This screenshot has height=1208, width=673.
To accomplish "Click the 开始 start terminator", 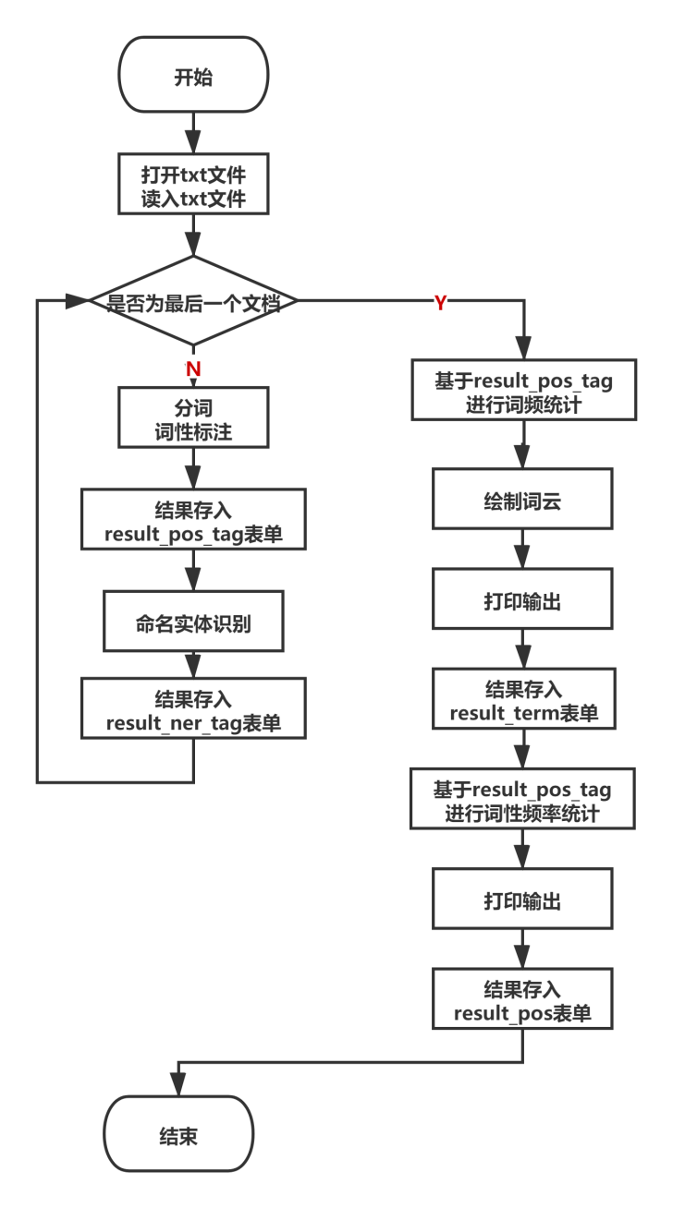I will click(x=193, y=77).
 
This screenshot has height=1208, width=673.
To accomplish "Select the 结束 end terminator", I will click(x=178, y=1135).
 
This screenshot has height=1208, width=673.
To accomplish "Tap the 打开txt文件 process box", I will click(x=193, y=186).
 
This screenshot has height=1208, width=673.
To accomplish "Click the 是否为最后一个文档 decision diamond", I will click(x=193, y=302).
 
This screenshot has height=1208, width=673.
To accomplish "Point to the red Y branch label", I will click(x=441, y=302).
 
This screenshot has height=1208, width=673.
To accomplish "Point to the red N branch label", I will click(x=193, y=368).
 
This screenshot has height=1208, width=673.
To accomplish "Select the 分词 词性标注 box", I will click(x=193, y=418).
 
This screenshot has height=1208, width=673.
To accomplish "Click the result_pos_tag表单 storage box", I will click(x=193, y=521).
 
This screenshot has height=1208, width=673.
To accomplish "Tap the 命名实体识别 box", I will click(x=193, y=624).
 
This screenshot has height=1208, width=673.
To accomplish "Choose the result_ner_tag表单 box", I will click(x=193, y=709).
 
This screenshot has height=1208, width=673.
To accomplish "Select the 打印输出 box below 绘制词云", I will click(x=522, y=601).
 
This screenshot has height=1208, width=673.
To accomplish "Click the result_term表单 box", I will click(x=523, y=701).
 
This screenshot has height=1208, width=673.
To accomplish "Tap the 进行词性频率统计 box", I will click(x=522, y=801).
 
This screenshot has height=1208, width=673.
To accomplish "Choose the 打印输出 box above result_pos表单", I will click(x=522, y=900).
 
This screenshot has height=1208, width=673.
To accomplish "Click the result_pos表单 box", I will click(x=522, y=1000).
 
